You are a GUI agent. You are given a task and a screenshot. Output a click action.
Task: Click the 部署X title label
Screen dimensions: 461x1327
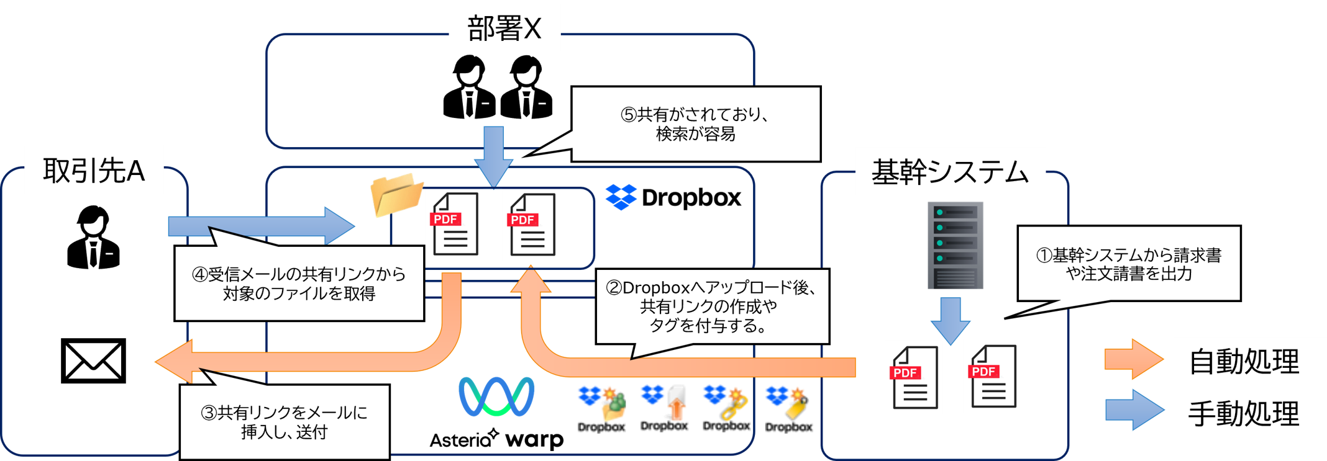coord(504,29)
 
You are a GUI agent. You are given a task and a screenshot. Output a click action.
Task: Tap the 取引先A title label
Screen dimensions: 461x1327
coord(94,171)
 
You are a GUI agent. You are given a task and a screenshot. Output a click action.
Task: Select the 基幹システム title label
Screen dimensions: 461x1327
coord(950,172)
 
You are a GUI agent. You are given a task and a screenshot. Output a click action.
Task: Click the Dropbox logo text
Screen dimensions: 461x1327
coord(674,197)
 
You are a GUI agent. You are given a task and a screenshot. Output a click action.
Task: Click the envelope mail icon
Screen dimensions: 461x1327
coord(93,360)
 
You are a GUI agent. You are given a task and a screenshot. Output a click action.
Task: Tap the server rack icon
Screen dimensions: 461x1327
coord(955,245)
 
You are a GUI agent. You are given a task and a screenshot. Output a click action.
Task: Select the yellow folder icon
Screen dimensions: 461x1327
coord(396,194)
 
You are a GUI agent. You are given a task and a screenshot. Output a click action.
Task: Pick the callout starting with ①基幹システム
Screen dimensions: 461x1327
coord(1128,264)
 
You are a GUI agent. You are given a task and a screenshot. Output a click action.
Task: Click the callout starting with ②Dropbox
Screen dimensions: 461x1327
coord(712,307)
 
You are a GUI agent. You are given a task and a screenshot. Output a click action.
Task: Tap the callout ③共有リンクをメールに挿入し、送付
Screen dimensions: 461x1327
coord(285,422)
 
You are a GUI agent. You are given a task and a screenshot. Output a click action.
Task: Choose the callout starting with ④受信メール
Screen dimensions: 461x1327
coord(299,284)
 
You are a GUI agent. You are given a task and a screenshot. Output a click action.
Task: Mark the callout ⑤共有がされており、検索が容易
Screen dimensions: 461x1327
coord(696,124)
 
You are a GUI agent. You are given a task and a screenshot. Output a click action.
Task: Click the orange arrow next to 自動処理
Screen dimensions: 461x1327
coord(1133,359)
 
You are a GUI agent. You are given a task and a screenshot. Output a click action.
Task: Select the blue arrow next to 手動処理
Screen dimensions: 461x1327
coord(1134,410)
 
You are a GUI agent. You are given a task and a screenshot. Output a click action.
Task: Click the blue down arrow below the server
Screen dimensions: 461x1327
coord(951,320)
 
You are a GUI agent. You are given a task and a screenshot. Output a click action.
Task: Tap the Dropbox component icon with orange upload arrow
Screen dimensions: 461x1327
coord(664,409)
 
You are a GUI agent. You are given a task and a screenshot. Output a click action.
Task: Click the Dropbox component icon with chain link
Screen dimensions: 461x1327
coord(726,409)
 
